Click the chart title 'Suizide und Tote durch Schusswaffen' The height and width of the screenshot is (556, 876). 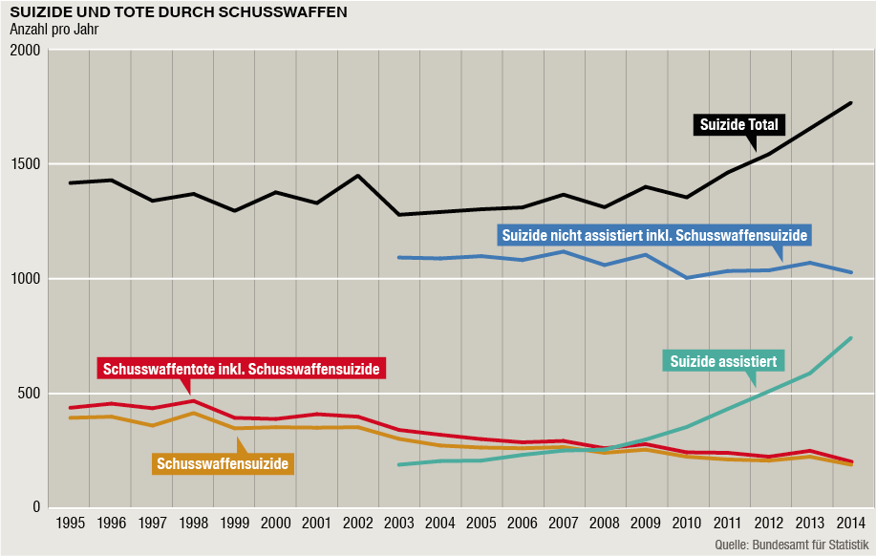tap(178, 12)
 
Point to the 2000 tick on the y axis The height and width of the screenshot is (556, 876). tap(24, 50)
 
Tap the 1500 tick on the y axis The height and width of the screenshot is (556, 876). tap(24, 164)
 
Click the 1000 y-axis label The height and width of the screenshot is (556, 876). tap(24, 279)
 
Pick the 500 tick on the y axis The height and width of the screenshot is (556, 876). tap(28, 394)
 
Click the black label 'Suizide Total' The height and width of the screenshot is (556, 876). tap(740, 124)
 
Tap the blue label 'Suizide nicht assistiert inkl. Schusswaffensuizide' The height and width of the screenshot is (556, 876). tap(654, 234)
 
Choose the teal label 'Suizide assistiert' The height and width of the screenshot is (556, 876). tap(722, 360)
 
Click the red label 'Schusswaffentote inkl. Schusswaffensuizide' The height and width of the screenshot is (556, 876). tap(242, 368)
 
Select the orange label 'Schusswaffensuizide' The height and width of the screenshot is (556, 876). tap(223, 463)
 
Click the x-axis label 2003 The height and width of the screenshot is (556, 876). tap(398, 524)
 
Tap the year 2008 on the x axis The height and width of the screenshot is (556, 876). tap(604, 524)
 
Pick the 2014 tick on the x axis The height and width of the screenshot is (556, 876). tap(849, 524)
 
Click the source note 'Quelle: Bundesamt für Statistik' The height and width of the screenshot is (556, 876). tap(792, 545)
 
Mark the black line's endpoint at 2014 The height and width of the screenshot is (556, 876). tap(850, 102)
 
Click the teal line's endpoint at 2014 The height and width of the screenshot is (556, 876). tap(850, 338)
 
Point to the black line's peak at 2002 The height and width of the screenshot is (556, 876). tap(357, 176)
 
